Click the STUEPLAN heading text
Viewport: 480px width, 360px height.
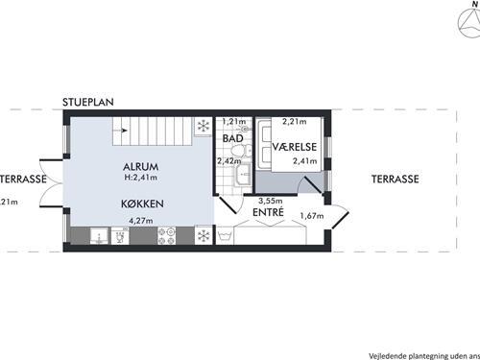pyautogui.click(x=89, y=100)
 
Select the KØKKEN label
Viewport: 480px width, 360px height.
pyautogui.click(x=141, y=204)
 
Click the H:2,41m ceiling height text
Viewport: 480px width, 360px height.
pyautogui.click(x=141, y=179)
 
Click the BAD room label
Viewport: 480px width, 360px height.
pyautogui.click(x=232, y=139)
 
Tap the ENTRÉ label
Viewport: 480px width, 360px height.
pyautogui.click(x=267, y=212)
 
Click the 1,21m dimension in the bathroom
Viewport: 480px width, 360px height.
pyautogui.click(x=234, y=122)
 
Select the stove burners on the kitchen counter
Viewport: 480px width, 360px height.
pyautogui.click(x=166, y=235)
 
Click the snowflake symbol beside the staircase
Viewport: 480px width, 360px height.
pyautogui.click(x=203, y=126)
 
